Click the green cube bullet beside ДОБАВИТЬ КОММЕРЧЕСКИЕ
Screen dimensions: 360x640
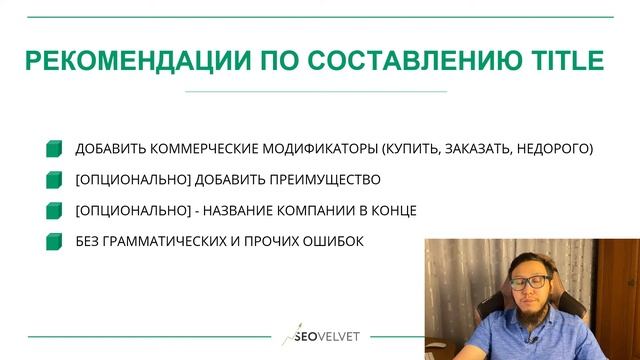coord(54,150)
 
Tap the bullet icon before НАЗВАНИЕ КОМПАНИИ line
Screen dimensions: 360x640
coord(54,211)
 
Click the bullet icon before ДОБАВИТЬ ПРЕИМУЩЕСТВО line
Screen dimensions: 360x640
coord(54,181)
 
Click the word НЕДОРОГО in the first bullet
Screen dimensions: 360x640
coord(555,149)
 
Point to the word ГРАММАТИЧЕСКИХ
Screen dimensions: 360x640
coord(165,241)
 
